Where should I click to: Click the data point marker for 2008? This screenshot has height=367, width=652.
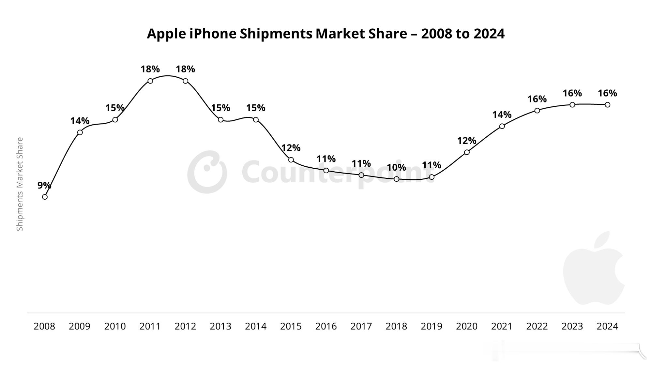click(x=45, y=197)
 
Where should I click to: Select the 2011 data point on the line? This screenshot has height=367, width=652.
click(x=150, y=81)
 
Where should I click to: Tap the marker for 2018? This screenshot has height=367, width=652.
click(x=396, y=179)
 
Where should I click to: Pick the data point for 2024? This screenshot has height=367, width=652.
click(x=607, y=105)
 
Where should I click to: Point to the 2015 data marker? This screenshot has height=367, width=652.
click(x=291, y=160)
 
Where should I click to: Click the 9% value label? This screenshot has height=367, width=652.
click(x=44, y=185)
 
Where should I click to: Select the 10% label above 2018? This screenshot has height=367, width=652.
click(x=396, y=168)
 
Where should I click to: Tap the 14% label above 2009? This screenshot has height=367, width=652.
click(x=80, y=121)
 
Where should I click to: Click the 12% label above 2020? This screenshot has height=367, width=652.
click(x=466, y=141)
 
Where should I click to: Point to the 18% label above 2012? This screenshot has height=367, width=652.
click(x=185, y=69)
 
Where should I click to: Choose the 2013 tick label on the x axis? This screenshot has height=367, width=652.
click(x=220, y=326)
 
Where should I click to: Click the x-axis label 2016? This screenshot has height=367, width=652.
click(x=326, y=326)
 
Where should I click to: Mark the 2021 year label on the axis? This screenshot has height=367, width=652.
click(x=502, y=326)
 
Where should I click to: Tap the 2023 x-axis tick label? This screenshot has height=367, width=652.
click(x=572, y=326)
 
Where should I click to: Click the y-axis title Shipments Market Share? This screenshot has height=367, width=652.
click(x=20, y=184)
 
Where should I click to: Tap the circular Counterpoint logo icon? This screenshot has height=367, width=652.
click(x=207, y=172)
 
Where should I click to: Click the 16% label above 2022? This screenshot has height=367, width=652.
click(x=537, y=99)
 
